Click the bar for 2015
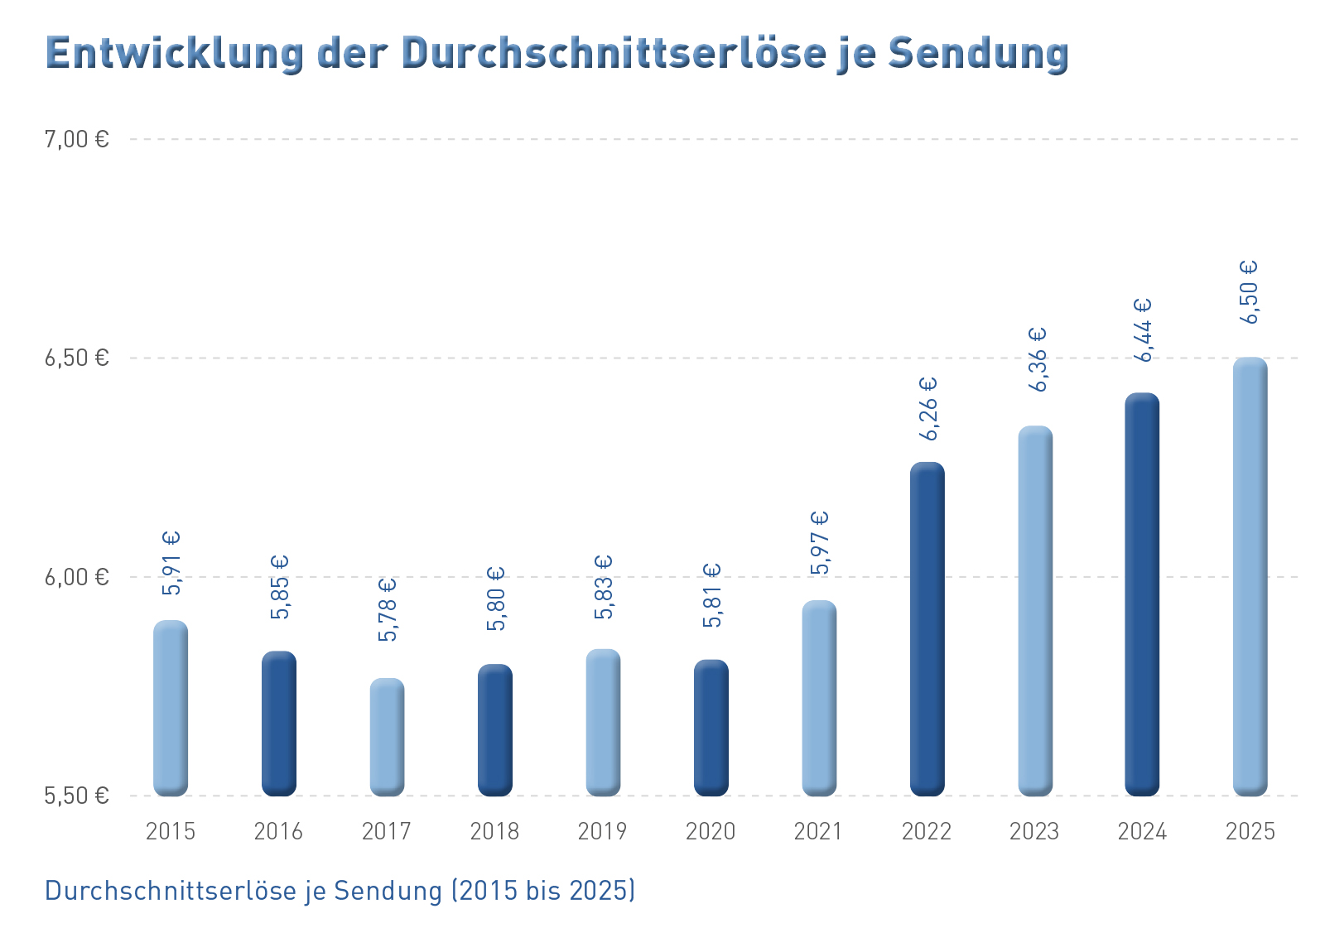point(171,709)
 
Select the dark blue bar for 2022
point(927,629)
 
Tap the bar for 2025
point(1250,576)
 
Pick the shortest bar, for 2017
point(387,738)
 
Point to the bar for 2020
point(711,728)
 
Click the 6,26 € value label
point(928,409)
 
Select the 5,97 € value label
point(820,543)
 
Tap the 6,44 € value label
point(1143,330)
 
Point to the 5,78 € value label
point(388,610)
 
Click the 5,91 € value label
point(171,563)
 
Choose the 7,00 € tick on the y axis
point(77,140)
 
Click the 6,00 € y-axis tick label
point(77,577)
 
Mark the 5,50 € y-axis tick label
point(77,796)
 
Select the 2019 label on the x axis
point(602,832)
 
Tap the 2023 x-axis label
point(1034,832)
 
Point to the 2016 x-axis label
point(278,832)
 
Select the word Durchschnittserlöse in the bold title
point(614,53)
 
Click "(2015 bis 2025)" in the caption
point(543,891)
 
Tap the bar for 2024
point(1142,594)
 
